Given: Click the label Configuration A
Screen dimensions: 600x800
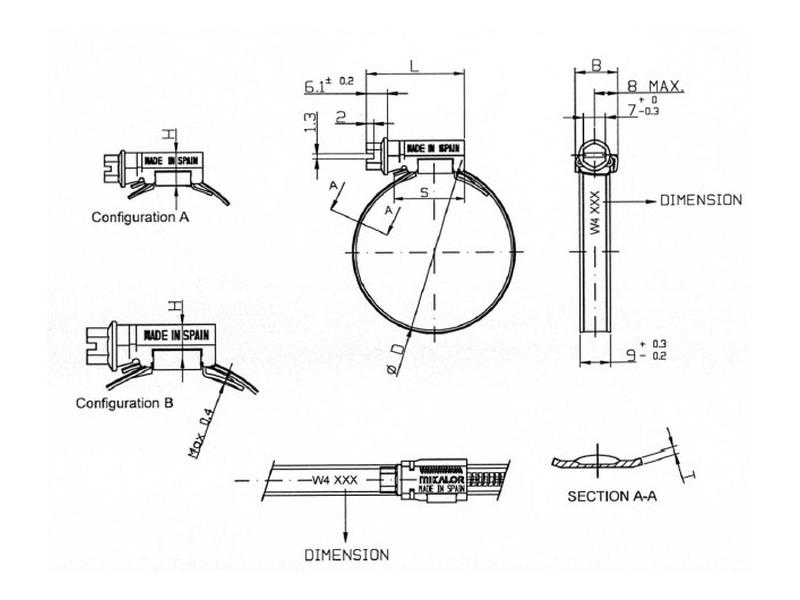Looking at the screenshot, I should (140, 216).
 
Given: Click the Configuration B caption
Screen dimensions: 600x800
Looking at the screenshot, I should (126, 403).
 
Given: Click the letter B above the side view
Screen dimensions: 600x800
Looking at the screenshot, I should (595, 65).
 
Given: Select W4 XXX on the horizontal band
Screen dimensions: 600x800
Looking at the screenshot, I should (333, 480).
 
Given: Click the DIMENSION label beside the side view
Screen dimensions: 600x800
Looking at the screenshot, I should (700, 200).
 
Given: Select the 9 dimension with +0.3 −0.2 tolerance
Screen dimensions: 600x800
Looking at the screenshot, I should (629, 350).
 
